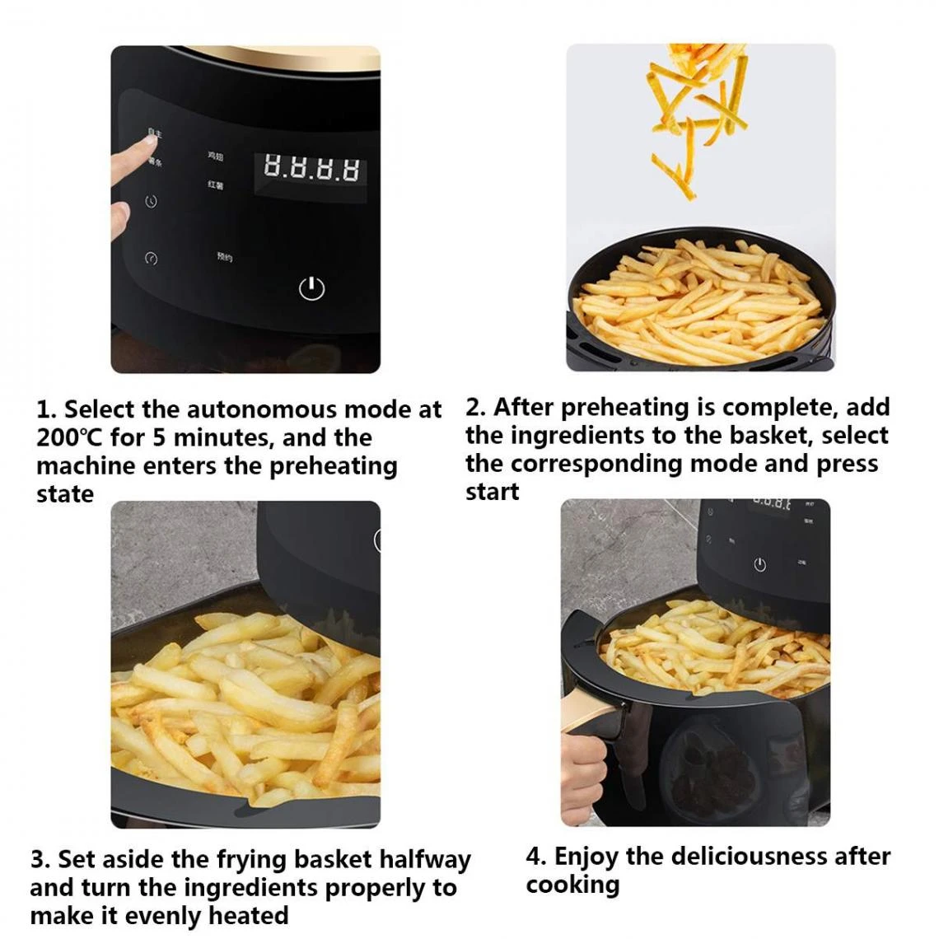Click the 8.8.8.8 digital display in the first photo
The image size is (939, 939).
[x=311, y=169]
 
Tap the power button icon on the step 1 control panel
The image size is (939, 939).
[x=311, y=288]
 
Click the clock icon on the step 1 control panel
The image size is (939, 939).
[x=151, y=202]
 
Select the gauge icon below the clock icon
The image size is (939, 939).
[x=151, y=258]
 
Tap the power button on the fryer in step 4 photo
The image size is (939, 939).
[x=759, y=564]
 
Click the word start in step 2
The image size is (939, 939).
[x=493, y=492]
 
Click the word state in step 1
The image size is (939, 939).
[x=65, y=494]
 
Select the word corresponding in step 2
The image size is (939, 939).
[x=597, y=464]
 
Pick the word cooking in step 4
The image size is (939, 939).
[x=573, y=885]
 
